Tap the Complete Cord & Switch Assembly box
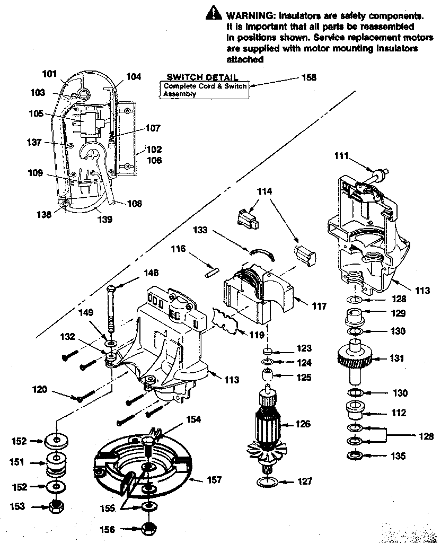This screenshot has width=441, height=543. pyautogui.click(x=205, y=90)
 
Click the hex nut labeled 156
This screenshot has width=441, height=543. pyautogui.click(x=149, y=529)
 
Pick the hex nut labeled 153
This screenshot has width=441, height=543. pyautogui.click(x=55, y=506)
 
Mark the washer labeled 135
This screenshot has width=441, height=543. pyautogui.click(x=352, y=456)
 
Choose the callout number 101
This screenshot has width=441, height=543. pyautogui.click(x=49, y=74)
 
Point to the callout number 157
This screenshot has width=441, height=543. pyautogui.click(x=213, y=480)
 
